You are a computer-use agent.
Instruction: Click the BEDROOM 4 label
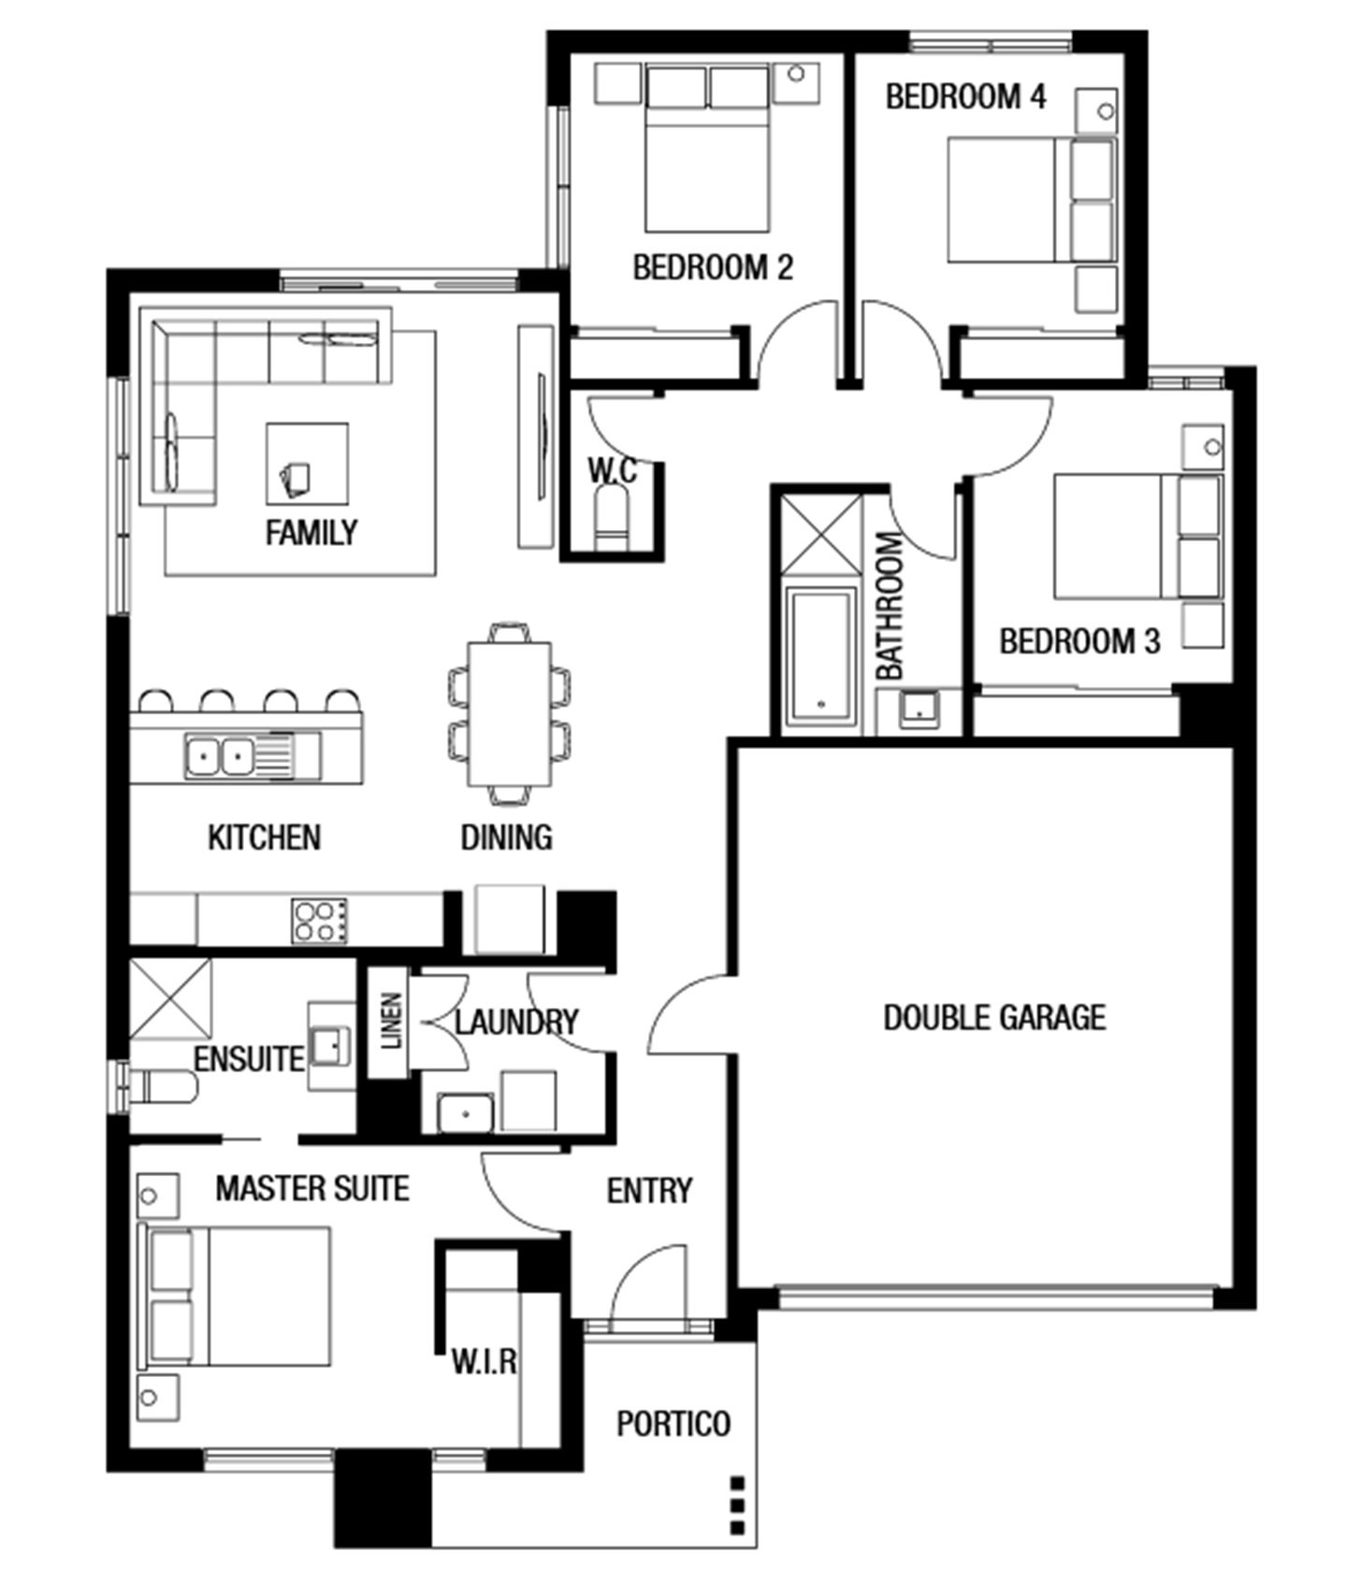(965, 96)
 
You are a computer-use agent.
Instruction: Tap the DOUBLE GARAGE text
(994, 1017)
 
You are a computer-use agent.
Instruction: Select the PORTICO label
(673, 1424)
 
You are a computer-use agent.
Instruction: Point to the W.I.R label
(484, 1361)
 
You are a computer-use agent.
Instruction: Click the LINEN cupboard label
(392, 1021)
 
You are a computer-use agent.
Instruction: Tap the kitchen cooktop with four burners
(319, 920)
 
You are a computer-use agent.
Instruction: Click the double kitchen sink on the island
(239, 755)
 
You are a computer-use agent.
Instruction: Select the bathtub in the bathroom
(820, 656)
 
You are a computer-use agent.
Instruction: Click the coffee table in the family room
(307, 465)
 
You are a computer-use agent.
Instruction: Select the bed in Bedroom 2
(707, 148)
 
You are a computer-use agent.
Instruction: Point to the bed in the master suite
(235, 1296)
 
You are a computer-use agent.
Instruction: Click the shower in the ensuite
(170, 998)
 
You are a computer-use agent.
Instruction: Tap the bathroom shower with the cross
(820, 535)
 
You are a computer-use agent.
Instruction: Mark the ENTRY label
(649, 1190)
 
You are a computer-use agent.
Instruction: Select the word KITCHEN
(264, 837)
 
